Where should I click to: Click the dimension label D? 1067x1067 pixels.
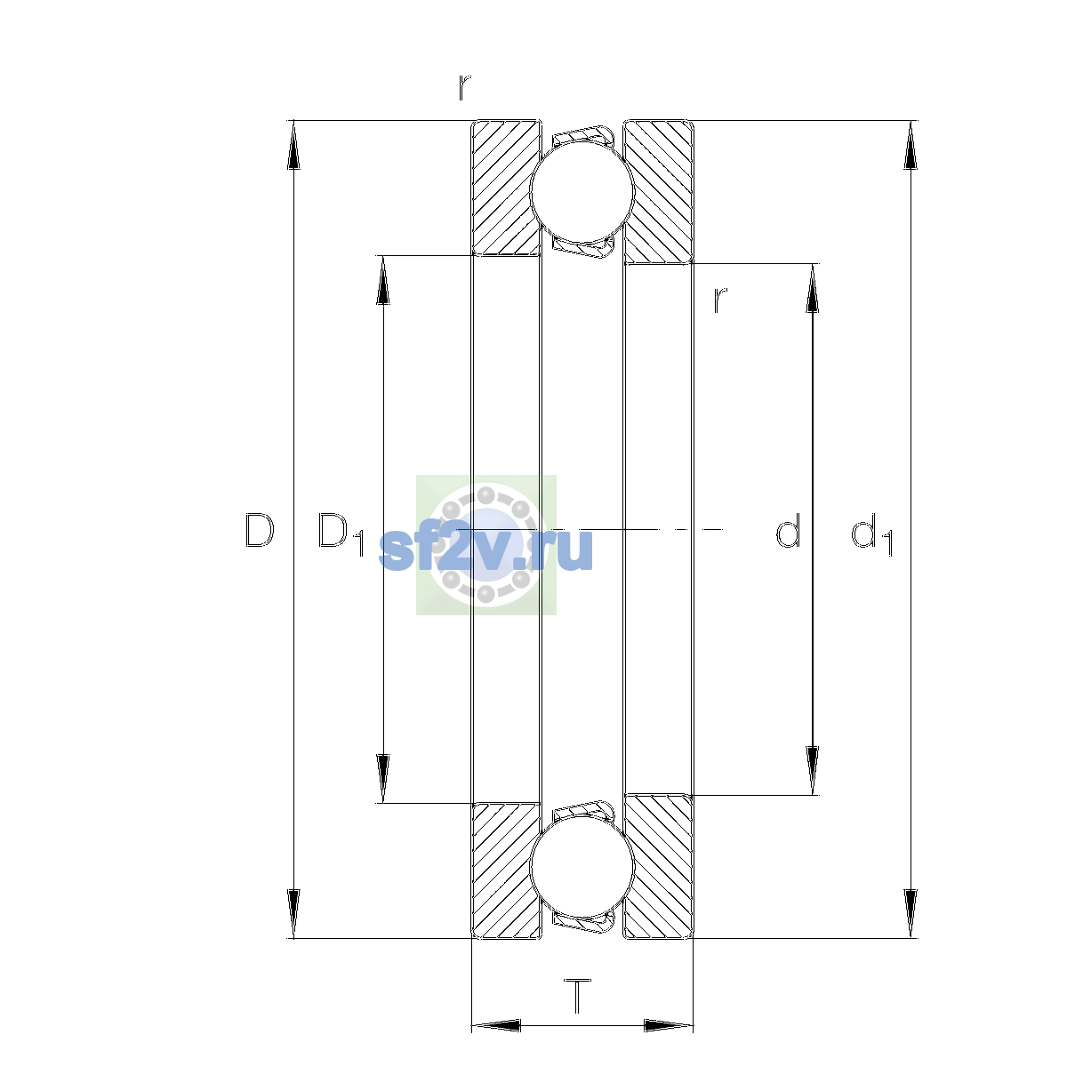click(260, 531)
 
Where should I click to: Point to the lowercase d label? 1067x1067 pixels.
click(788, 530)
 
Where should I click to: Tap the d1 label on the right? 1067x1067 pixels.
click(871, 534)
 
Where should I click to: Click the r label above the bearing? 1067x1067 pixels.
click(464, 87)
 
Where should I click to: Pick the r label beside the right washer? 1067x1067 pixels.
click(720, 301)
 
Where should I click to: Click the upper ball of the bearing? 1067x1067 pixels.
click(582, 191)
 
